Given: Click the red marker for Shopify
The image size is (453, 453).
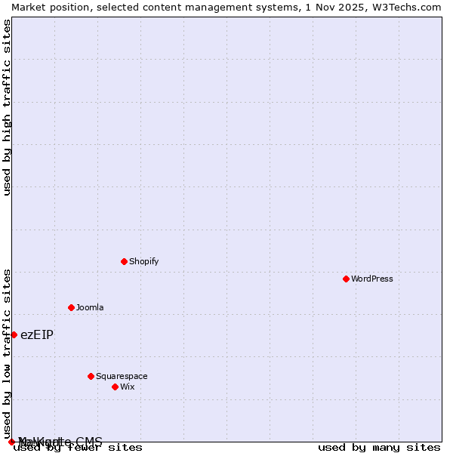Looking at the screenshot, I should (124, 261).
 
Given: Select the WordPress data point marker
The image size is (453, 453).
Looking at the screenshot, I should (346, 279).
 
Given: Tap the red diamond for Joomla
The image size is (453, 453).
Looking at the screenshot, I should (71, 307).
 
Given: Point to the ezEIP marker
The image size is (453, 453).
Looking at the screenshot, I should (14, 334).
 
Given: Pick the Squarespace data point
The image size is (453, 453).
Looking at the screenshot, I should (91, 376).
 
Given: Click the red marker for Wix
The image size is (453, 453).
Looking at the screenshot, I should (115, 387).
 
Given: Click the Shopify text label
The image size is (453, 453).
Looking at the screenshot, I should (143, 261).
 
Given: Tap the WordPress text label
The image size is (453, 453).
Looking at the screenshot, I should (371, 279).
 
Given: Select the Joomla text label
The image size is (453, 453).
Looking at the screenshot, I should (90, 307).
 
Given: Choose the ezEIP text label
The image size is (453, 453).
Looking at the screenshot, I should (37, 334).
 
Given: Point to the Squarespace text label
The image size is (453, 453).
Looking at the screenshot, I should (122, 376).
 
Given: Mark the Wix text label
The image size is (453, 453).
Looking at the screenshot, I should (128, 387).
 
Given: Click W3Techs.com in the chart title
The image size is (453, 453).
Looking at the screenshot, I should (404, 7).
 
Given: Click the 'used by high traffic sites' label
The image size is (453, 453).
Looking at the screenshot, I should (7, 106).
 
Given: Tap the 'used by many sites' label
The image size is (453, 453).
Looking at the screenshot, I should (379, 447).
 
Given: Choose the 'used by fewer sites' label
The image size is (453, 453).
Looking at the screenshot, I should (78, 447).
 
